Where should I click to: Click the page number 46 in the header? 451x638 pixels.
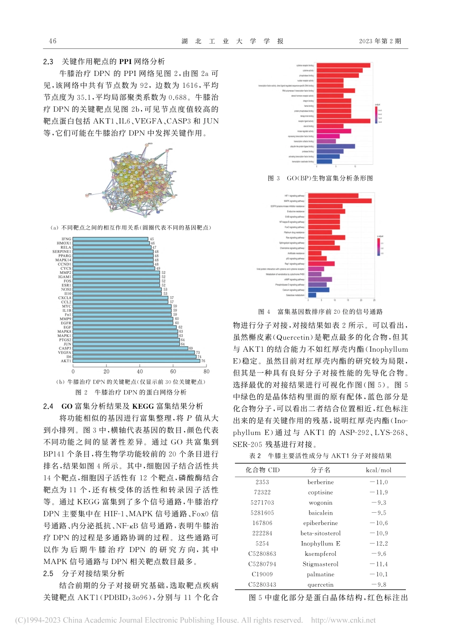[53, 41]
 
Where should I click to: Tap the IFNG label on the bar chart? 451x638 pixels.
[66, 239]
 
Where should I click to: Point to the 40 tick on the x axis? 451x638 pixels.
[140, 372]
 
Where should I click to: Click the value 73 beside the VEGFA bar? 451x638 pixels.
[198, 353]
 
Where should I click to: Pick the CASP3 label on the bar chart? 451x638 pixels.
[65, 348]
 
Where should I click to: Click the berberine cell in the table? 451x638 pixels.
[320, 482]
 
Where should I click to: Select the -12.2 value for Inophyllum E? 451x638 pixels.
[379, 544]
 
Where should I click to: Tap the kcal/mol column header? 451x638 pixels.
[379, 470]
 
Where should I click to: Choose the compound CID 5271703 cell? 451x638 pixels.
[262, 502]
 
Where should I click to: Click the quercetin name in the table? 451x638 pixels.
[320, 585]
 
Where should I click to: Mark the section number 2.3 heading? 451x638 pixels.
[48, 61]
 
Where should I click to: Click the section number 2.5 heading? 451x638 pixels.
[48, 573]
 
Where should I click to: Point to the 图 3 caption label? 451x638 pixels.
[274, 178]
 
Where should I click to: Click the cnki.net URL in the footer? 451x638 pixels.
[343, 620]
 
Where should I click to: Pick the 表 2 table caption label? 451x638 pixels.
[255, 456]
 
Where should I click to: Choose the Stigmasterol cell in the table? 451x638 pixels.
[320, 564]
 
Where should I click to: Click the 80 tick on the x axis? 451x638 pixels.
[207, 372]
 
